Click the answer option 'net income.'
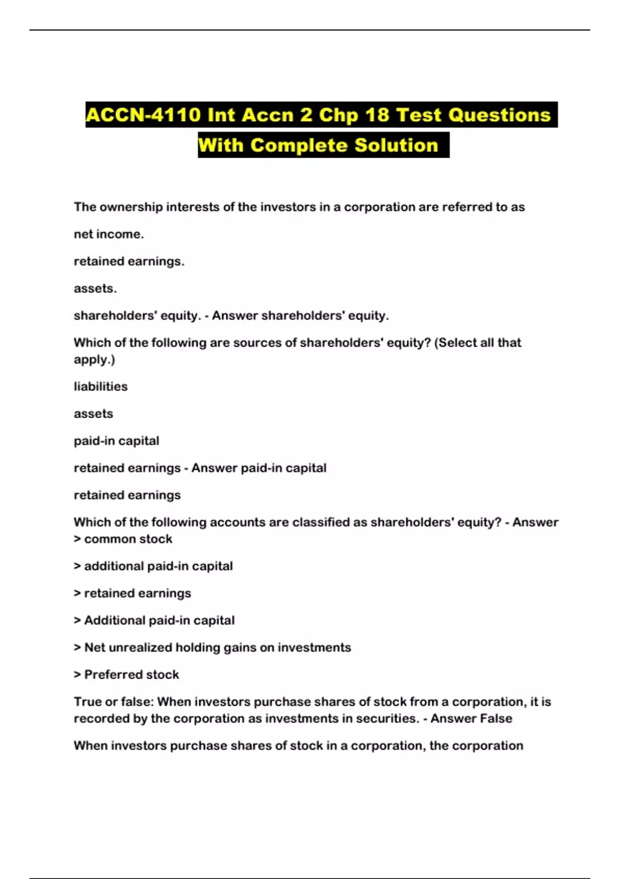click(x=109, y=234)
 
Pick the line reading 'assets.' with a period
click(x=95, y=289)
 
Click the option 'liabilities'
click(x=100, y=387)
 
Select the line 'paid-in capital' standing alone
click(x=116, y=441)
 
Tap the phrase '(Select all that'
click(x=477, y=343)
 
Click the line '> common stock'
click(x=123, y=539)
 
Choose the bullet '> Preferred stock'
click(x=127, y=675)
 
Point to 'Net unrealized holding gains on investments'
click(x=218, y=648)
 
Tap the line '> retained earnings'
click(x=132, y=594)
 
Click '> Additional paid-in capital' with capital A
click(x=154, y=620)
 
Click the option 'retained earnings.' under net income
click(x=129, y=262)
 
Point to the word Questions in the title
click(x=499, y=115)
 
